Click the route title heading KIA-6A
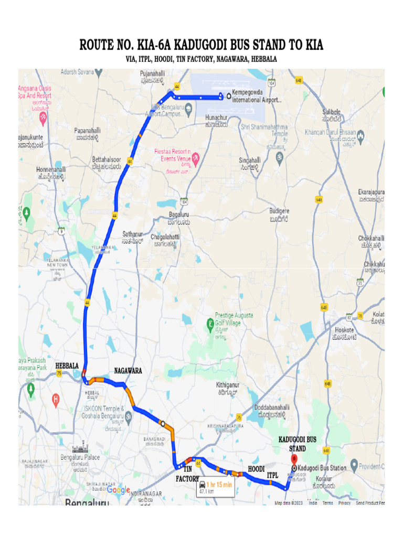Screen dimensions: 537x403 click(x=201, y=45)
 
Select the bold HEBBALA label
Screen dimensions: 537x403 click(x=67, y=365)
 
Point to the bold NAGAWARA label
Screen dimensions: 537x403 click(x=128, y=371)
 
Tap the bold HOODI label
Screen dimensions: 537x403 click(x=256, y=468)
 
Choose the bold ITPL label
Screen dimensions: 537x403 click(x=272, y=475)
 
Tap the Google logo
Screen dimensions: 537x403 click(x=119, y=490)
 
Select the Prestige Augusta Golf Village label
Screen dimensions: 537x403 click(x=234, y=319)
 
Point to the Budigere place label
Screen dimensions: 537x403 click(x=279, y=211)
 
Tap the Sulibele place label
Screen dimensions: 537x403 click(x=332, y=112)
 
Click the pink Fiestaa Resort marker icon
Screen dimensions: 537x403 click(x=196, y=157)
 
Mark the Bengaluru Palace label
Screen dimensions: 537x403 click(x=80, y=457)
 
